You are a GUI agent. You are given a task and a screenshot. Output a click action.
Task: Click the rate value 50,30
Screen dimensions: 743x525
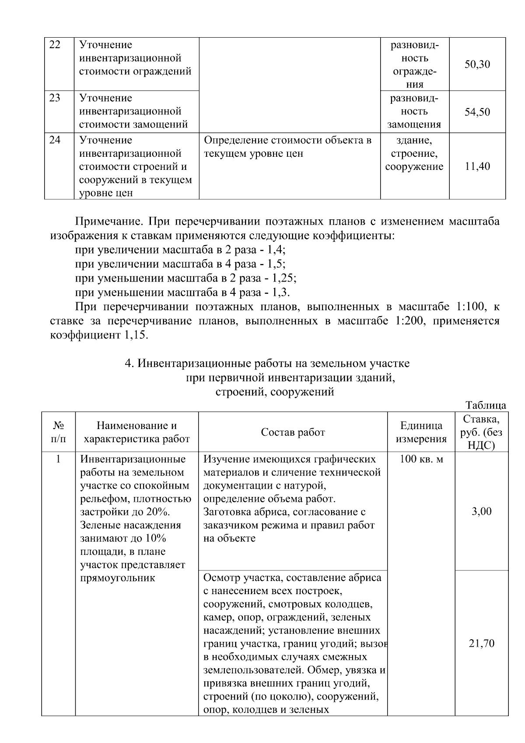click(477, 65)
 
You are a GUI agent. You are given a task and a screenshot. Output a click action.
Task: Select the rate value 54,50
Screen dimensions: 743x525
click(477, 112)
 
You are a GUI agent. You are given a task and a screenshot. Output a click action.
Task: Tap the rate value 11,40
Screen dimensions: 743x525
click(477, 166)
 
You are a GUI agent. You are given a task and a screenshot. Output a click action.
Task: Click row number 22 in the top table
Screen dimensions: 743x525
click(55, 45)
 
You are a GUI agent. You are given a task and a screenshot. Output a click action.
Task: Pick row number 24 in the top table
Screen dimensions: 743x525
click(55, 140)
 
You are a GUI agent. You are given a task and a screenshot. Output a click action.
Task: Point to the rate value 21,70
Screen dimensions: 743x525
click(482, 643)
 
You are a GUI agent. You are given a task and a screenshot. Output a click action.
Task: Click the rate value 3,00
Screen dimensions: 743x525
click(482, 511)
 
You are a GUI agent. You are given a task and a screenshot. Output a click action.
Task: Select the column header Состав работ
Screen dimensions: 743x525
click(293, 432)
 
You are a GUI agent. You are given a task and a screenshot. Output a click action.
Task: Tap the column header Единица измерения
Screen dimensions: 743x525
click(421, 432)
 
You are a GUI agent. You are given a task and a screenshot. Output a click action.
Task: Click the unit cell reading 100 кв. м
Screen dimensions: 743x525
click(421, 459)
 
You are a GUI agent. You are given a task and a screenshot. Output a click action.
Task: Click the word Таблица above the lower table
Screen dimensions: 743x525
click(486, 405)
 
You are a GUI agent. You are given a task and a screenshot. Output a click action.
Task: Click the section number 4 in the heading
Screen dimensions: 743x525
click(128, 363)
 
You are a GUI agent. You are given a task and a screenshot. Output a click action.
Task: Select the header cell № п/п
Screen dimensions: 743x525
click(59, 432)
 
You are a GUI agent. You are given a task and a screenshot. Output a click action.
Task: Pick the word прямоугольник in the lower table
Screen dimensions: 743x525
click(118, 578)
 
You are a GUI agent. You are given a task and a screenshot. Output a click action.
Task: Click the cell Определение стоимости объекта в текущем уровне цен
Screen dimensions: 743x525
click(288, 147)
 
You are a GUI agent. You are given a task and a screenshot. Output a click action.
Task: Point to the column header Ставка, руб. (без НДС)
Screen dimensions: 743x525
click(482, 432)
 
